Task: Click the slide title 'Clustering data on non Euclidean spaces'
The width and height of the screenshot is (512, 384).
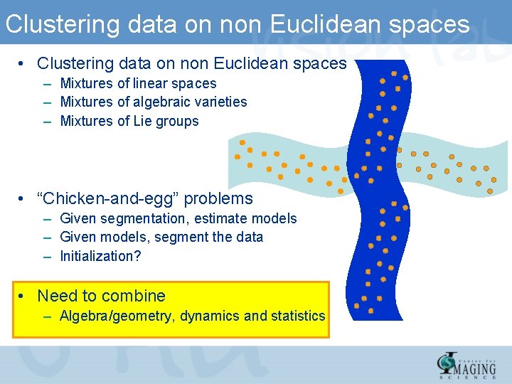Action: pyautogui.click(x=237, y=24)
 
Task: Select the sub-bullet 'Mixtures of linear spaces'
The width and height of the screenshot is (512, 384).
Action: pyautogui.click(x=138, y=83)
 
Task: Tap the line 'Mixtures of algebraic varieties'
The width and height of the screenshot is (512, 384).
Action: pyautogui.click(x=154, y=102)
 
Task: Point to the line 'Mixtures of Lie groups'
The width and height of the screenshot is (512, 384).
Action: pyautogui.click(x=129, y=121)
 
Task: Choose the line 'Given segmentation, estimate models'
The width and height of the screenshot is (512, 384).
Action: pyautogui.click(x=178, y=218)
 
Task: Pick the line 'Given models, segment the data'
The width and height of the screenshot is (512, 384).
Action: pyautogui.click(x=161, y=237)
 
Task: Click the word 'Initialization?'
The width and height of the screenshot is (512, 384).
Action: pyautogui.click(x=100, y=256)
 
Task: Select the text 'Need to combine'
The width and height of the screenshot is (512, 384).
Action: pyautogui.click(x=101, y=296)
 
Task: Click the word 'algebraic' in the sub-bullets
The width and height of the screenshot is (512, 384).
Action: pyautogui.click(x=160, y=102)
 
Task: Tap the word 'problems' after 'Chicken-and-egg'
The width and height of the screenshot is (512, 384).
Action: pyautogui.click(x=221, y=198)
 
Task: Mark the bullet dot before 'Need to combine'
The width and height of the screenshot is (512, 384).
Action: pyautogui.click(x=23, y=296)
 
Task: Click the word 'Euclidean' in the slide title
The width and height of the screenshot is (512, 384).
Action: pyautogui.click(x=324, y=24)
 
